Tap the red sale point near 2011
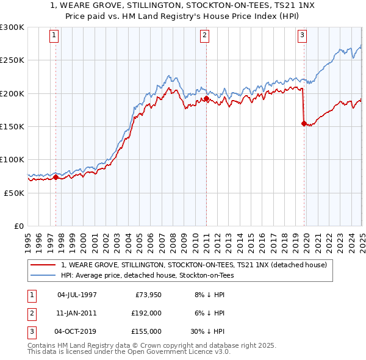[207, 98]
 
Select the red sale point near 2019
[304, 123]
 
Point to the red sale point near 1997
[56, 177]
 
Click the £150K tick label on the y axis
[12, 126]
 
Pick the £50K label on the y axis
[15, 192]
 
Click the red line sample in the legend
[43, 265]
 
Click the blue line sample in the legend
[43, 275]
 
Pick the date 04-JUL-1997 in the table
[77, 295]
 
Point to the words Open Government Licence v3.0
[178, 352]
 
